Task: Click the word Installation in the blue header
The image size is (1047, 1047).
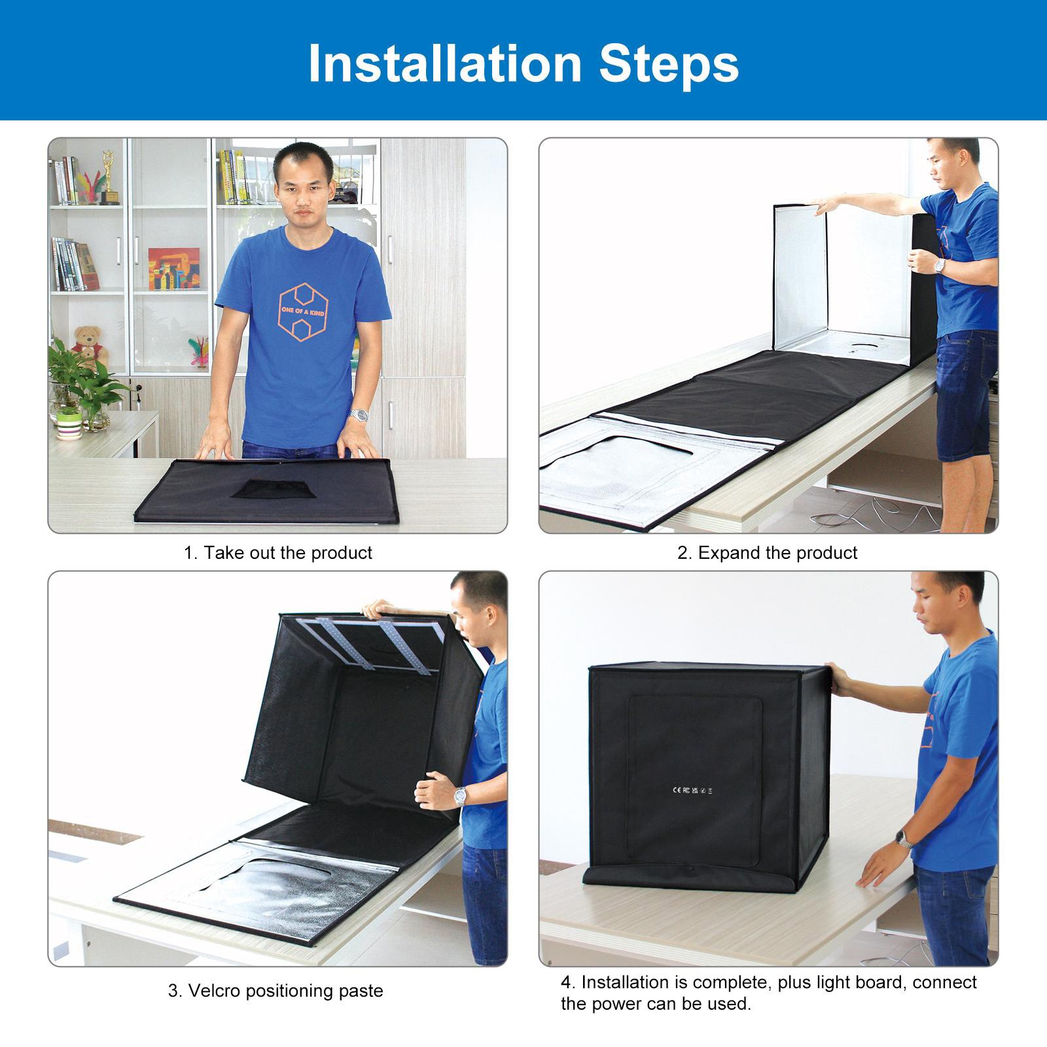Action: point(445,63)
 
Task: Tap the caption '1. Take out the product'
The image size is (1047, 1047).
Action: point(277,553)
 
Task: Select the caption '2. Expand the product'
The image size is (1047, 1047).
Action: point(767,553)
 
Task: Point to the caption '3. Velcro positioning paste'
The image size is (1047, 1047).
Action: point(275,990)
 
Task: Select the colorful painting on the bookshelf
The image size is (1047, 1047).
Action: point(173,268)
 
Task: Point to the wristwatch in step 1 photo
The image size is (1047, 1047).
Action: point(359,415)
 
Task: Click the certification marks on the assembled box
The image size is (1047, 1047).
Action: point(692,790)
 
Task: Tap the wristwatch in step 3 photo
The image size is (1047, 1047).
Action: point(461,796)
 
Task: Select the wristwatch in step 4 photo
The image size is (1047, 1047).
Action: point(904,838)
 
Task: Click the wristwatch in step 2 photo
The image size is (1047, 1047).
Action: point(940,266)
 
